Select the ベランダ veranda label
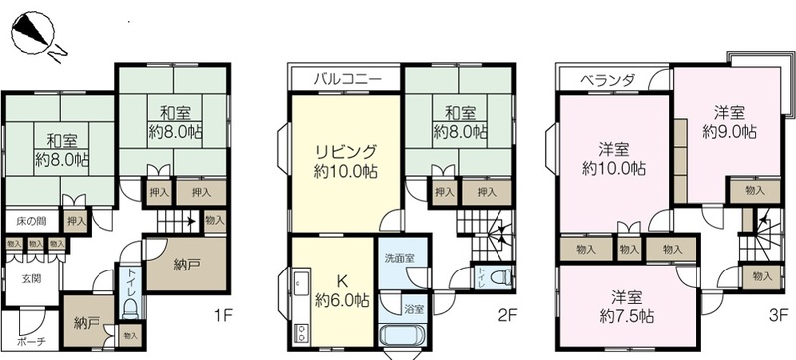coord(608,80)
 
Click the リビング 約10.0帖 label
coord(345,161)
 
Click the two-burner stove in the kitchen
coord(300,332)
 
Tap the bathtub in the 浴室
coord(405,335)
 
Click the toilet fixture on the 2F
coord(501,277)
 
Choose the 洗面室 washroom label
coord(400,258)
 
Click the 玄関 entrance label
coord(31,278)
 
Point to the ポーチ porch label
coord(31,341)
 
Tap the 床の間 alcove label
coord(32,221)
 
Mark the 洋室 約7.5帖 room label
coord(626,306)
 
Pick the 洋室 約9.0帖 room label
coord(730,122)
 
